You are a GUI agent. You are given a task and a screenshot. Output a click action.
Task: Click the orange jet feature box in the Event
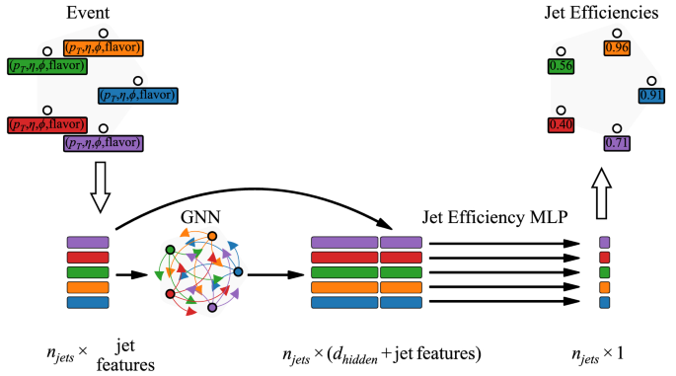click(x=104, y=47)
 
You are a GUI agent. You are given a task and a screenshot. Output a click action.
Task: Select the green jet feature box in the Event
click(x=46, y=66)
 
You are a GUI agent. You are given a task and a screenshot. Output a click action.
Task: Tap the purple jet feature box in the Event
click(x=103, y=143)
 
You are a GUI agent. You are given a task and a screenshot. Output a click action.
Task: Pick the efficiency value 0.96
click(x=617, y=46)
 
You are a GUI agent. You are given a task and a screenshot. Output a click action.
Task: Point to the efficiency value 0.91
click(x=651, y=96)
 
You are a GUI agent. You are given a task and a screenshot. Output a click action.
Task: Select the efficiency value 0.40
click(x=560, y=125)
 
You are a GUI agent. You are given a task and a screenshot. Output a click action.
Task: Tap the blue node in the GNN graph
click(x=238, y=271)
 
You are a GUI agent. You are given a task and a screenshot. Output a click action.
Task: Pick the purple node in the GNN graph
click(x=212, y=309)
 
